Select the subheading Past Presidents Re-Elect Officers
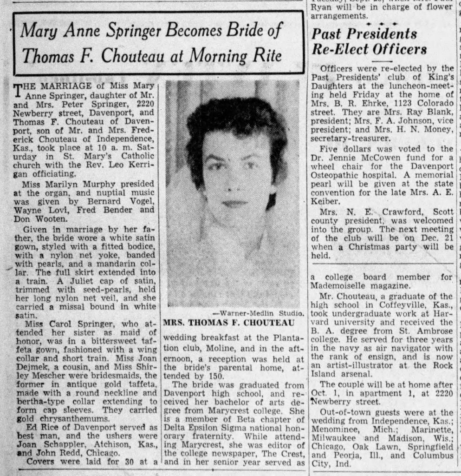click(369, 41)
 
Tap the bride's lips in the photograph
click(234, 203)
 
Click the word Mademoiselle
click(342, 285)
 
